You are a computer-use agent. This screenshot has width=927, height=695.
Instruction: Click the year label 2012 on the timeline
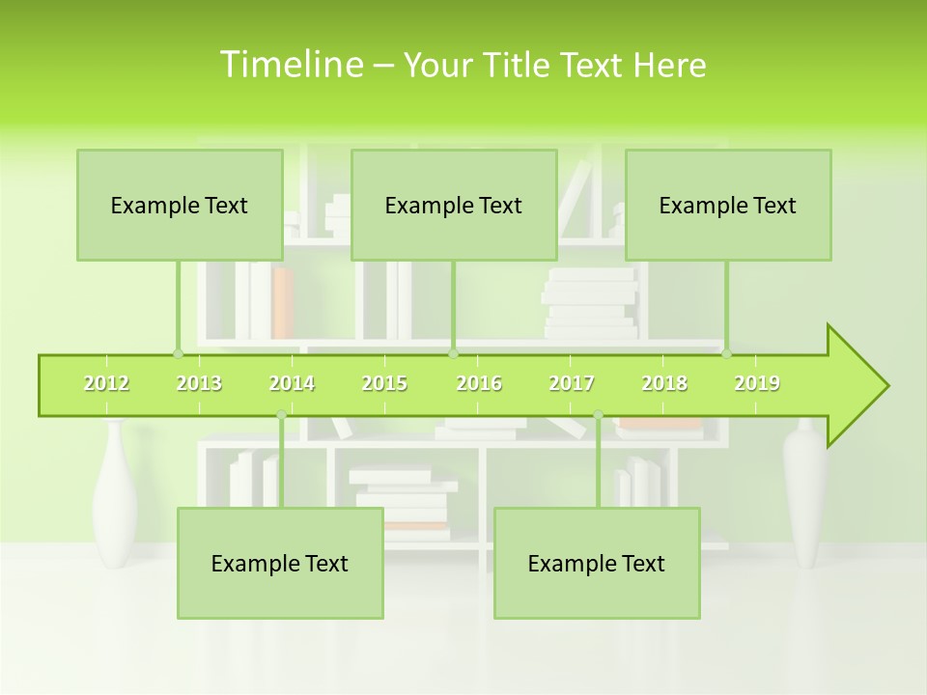106,383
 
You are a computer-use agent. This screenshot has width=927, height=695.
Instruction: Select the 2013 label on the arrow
199,383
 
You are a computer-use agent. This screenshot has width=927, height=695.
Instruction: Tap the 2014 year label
292,383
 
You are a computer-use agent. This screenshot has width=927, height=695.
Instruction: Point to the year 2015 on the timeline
384,383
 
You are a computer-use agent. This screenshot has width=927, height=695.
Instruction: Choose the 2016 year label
479,383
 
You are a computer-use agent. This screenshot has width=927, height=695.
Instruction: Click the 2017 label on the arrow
572,383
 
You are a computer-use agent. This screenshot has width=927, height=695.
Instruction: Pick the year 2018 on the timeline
664,383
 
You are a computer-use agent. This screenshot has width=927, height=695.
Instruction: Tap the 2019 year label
757,383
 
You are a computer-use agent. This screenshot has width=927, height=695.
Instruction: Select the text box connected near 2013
180,205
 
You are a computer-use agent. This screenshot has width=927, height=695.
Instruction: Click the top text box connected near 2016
454,205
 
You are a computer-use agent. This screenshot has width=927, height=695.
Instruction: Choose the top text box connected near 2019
728,205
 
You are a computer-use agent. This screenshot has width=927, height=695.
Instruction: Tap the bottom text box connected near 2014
280,563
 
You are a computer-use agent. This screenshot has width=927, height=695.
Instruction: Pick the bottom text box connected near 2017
597,563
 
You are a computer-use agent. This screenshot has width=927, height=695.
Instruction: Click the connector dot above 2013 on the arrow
178,353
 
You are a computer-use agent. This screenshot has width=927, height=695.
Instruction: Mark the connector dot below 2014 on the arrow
281,415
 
